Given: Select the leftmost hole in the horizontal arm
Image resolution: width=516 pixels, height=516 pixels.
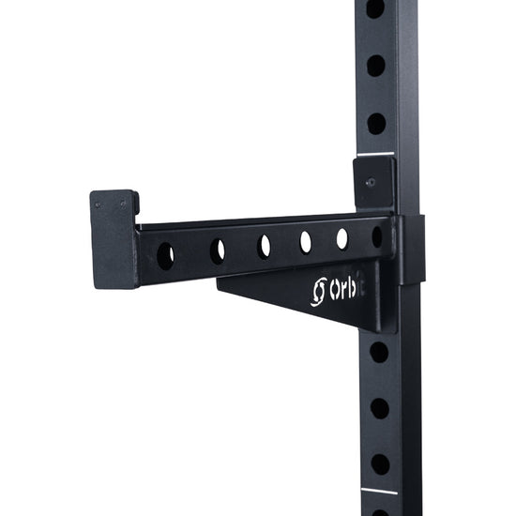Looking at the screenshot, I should [165, 254].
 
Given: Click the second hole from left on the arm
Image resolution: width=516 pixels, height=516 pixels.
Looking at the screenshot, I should [218, 250].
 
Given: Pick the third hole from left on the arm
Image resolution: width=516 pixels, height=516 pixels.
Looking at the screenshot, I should [264, 246].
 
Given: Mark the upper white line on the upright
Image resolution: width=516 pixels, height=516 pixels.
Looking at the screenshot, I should [374, 154].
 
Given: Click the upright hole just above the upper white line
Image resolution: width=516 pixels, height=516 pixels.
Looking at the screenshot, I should [375, 123].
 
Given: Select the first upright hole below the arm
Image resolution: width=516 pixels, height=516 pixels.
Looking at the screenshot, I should [379, 352].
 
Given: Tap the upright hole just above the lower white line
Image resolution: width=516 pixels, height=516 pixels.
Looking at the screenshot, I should [380, 463].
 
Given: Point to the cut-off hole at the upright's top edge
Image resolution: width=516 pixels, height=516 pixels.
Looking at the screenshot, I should [374, 8].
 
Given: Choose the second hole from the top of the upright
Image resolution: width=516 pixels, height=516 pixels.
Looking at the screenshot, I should [375, 66].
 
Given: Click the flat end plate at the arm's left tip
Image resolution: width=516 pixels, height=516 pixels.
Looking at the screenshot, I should [113, 238].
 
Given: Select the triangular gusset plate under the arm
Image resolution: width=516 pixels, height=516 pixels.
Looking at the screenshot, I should [300, 296].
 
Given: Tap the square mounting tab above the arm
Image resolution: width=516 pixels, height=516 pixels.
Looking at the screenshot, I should [373, 183].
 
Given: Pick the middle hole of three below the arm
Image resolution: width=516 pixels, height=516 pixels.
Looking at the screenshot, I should [379, 408].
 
